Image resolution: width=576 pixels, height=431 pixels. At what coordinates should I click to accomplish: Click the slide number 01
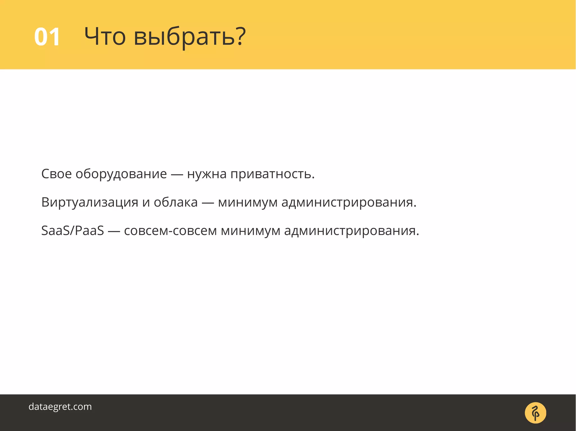tap(47, 37)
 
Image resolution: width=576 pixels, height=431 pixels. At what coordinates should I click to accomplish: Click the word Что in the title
tap(105, 37)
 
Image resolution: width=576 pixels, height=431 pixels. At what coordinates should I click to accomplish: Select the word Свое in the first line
tap(56, 174)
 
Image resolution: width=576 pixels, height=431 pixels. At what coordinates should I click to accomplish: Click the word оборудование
tap(121, 174)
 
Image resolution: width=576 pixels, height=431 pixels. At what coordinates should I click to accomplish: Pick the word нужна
tap(207, 174)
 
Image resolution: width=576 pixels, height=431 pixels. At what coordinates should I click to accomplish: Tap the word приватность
tap(272, 174)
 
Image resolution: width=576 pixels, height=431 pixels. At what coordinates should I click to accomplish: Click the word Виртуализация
tap(90, 202)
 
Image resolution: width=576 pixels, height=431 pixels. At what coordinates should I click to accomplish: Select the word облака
tap(175, 202)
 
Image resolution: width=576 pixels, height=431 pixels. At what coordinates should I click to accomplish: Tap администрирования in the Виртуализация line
tap(349, 202)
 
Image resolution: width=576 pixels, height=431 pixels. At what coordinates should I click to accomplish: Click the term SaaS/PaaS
tap(73, 231)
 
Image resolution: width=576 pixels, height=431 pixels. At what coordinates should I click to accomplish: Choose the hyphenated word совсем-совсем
tap(170, 231)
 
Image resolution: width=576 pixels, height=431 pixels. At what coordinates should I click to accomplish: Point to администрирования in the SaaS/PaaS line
tap(352, 231)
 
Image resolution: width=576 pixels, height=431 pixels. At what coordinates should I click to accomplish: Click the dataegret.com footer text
tap(60, 407)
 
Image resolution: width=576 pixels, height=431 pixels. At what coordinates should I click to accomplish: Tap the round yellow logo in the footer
tap(535, 413)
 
